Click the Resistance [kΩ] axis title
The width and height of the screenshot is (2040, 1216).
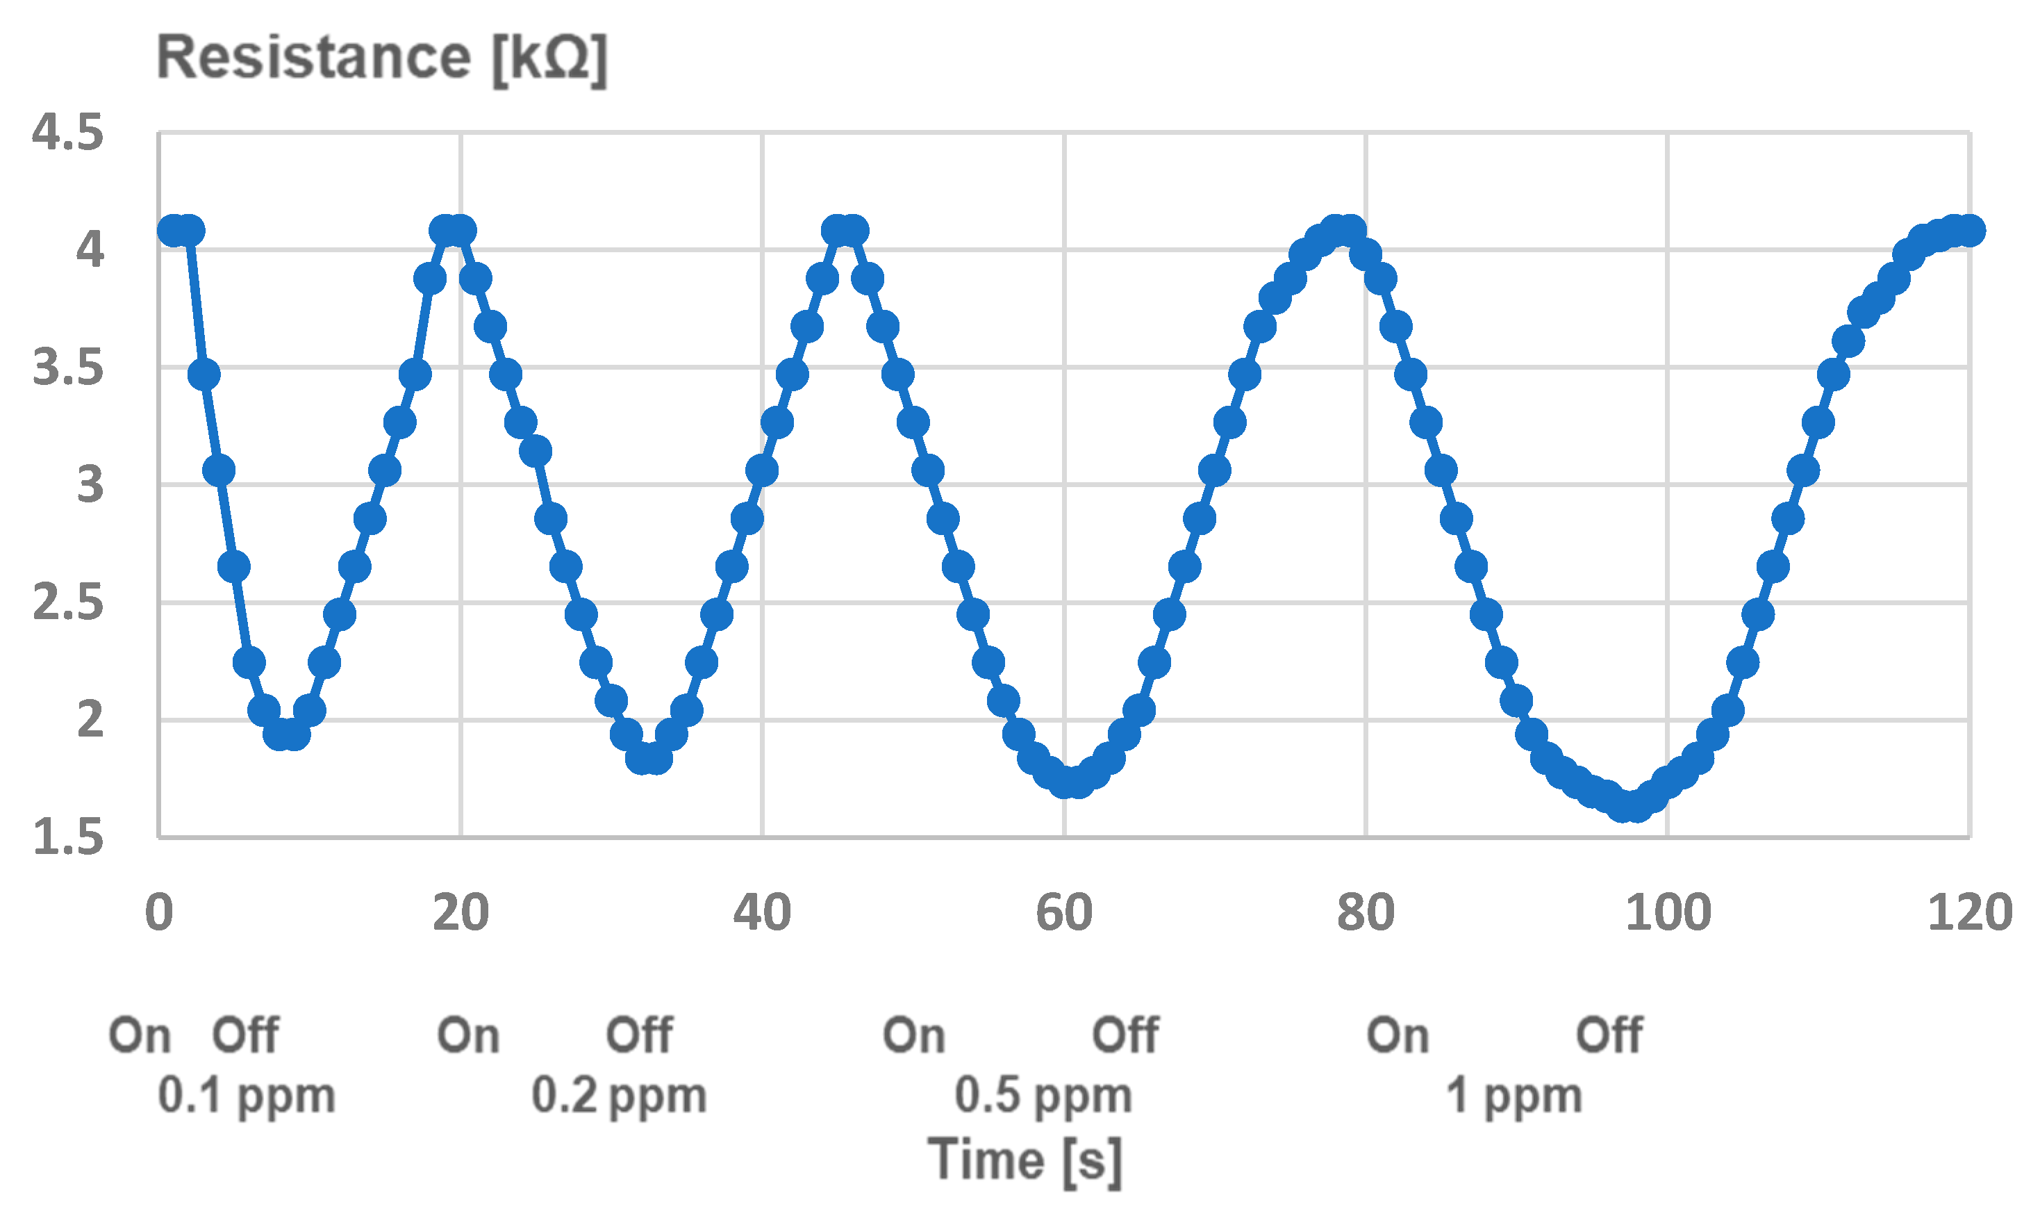(x=381, y=58)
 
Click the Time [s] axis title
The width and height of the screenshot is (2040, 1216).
(x=1025, y=1162)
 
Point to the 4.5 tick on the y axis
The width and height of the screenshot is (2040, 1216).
(x=68, y=133)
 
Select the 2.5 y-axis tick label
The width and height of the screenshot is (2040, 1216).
(x=68, y=604)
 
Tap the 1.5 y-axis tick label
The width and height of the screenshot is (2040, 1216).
(x=68, y=838)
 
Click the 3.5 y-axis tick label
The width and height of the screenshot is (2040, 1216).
(x=68, y=368)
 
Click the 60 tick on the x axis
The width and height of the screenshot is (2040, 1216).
(x=1064, y=913)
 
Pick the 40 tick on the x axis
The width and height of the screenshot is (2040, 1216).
(x=762, y=913)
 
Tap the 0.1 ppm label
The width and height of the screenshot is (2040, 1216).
(x=247, y=1096)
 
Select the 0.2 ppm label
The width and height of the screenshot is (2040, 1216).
(x=619, y=1096)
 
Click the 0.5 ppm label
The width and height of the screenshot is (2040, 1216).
(x=1043, y=1096)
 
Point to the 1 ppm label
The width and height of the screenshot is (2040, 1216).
(x=1514, y=1096)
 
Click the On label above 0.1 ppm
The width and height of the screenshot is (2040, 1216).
(x=140, y=1036)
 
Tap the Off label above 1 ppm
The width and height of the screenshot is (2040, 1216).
(x=1609, y=1036)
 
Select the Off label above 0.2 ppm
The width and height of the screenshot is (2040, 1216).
(x=640, y=1036)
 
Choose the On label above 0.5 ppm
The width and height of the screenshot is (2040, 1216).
(x=914, y=1036)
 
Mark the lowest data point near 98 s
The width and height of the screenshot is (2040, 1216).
(x=1629, y=806)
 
